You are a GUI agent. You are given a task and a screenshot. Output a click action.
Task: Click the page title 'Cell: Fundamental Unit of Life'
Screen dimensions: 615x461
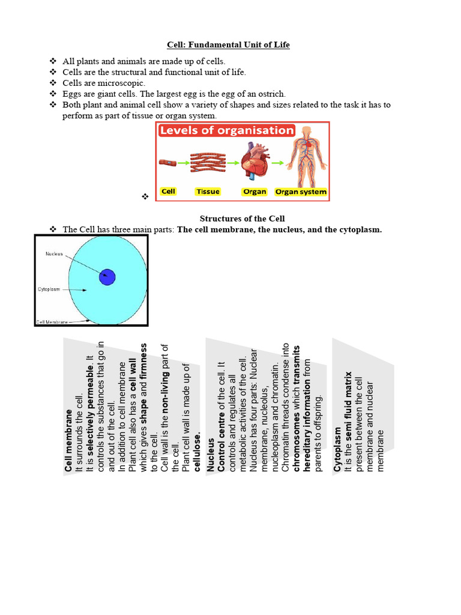pyautogui.click(x=228, y=45)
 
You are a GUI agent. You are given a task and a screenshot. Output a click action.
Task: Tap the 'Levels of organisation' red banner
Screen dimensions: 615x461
pyautogui.click(x=227, y=130)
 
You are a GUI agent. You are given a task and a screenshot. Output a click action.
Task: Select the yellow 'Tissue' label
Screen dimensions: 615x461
pyautogui.click(x=208, y=192)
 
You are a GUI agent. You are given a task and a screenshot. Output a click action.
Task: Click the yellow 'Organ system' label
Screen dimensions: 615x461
pyautogui.click(x=301, y=192)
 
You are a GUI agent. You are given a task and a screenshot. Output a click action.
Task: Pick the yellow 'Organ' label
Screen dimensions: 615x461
pyautogui.click(x=254, y=192)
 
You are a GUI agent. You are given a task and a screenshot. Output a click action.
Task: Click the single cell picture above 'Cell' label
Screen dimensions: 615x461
pyautogui.click(x=168, y=162)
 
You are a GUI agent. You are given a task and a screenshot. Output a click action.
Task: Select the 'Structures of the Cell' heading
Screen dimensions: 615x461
pyautogui.click(x=242, y=219)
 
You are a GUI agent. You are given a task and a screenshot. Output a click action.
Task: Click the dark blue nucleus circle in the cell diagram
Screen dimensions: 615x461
pyautogui.click(x=107, y=277)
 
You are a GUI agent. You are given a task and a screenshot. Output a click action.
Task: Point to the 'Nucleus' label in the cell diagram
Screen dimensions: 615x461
pyautogui.click(x=54, y=254)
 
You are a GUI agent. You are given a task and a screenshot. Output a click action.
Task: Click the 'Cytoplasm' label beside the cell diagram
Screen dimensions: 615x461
pyautogui.click(x=49, y=289)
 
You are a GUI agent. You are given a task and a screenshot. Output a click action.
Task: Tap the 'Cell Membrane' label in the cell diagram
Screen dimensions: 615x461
pyautogui.click(x=52, y=321)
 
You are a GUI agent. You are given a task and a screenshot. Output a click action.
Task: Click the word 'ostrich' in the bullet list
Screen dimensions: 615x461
pyautogui.click(x=272, y=94)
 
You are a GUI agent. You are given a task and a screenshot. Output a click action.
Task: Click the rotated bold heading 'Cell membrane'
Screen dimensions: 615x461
pyautogui.click(x=69, y=440)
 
